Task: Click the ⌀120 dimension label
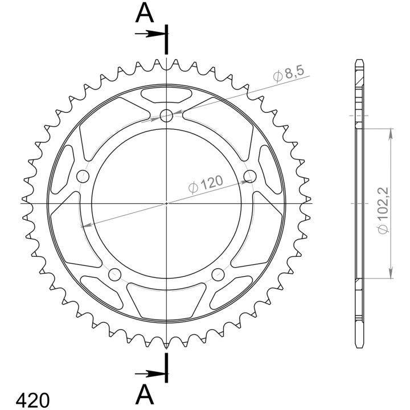coord(206,184)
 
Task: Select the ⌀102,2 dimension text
coord(383,211)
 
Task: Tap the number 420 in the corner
coord(32,400)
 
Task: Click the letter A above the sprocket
coord(144,13)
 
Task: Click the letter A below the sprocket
coord(144,395)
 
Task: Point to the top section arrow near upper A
coord(150,34)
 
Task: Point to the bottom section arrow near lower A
coord(150,374)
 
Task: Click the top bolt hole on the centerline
coord(166,116)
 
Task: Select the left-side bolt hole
coord(83,176)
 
